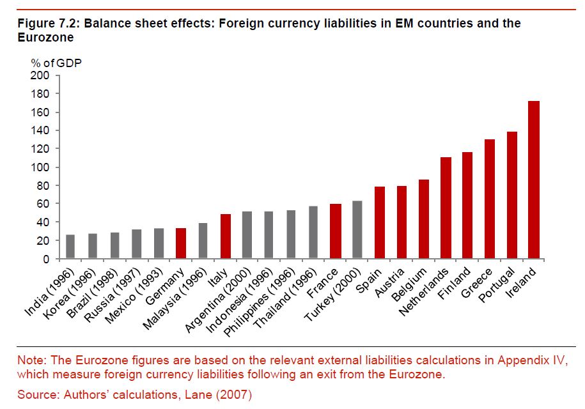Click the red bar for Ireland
coord(533,180)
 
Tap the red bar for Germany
coord(180,243)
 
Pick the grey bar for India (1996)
coord(70,247)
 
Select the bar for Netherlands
coord(445,208)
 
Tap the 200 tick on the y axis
coord(40,75)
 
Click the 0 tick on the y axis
coord(46,259)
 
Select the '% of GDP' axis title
coord(56,63)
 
